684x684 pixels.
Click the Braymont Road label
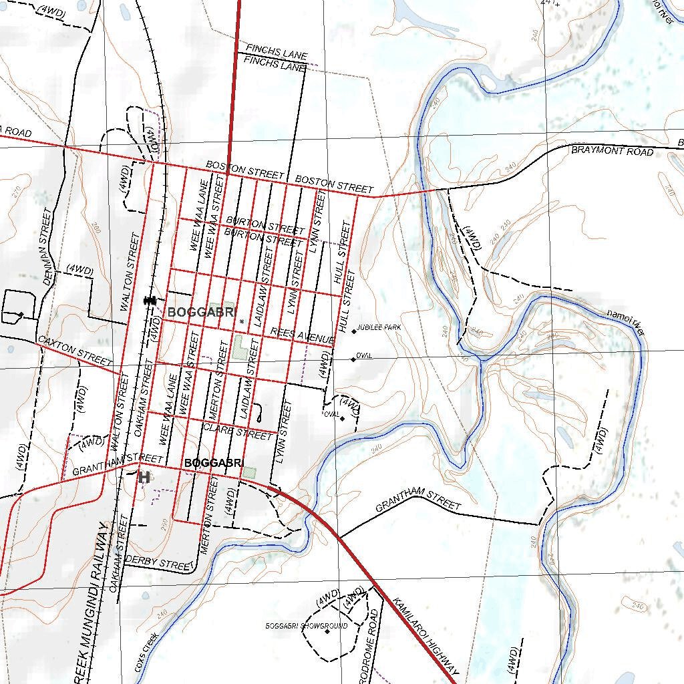(x=612, y=152)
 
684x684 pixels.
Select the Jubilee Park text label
(x=379, y=329)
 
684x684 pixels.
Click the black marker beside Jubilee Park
(x=353, y=331)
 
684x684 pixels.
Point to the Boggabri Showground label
(x=298, y=627)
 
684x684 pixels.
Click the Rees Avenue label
(x=302, y=335)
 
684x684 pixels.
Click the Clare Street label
(x=238, y=431)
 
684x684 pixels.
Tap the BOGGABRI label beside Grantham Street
(x=214, y=463)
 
